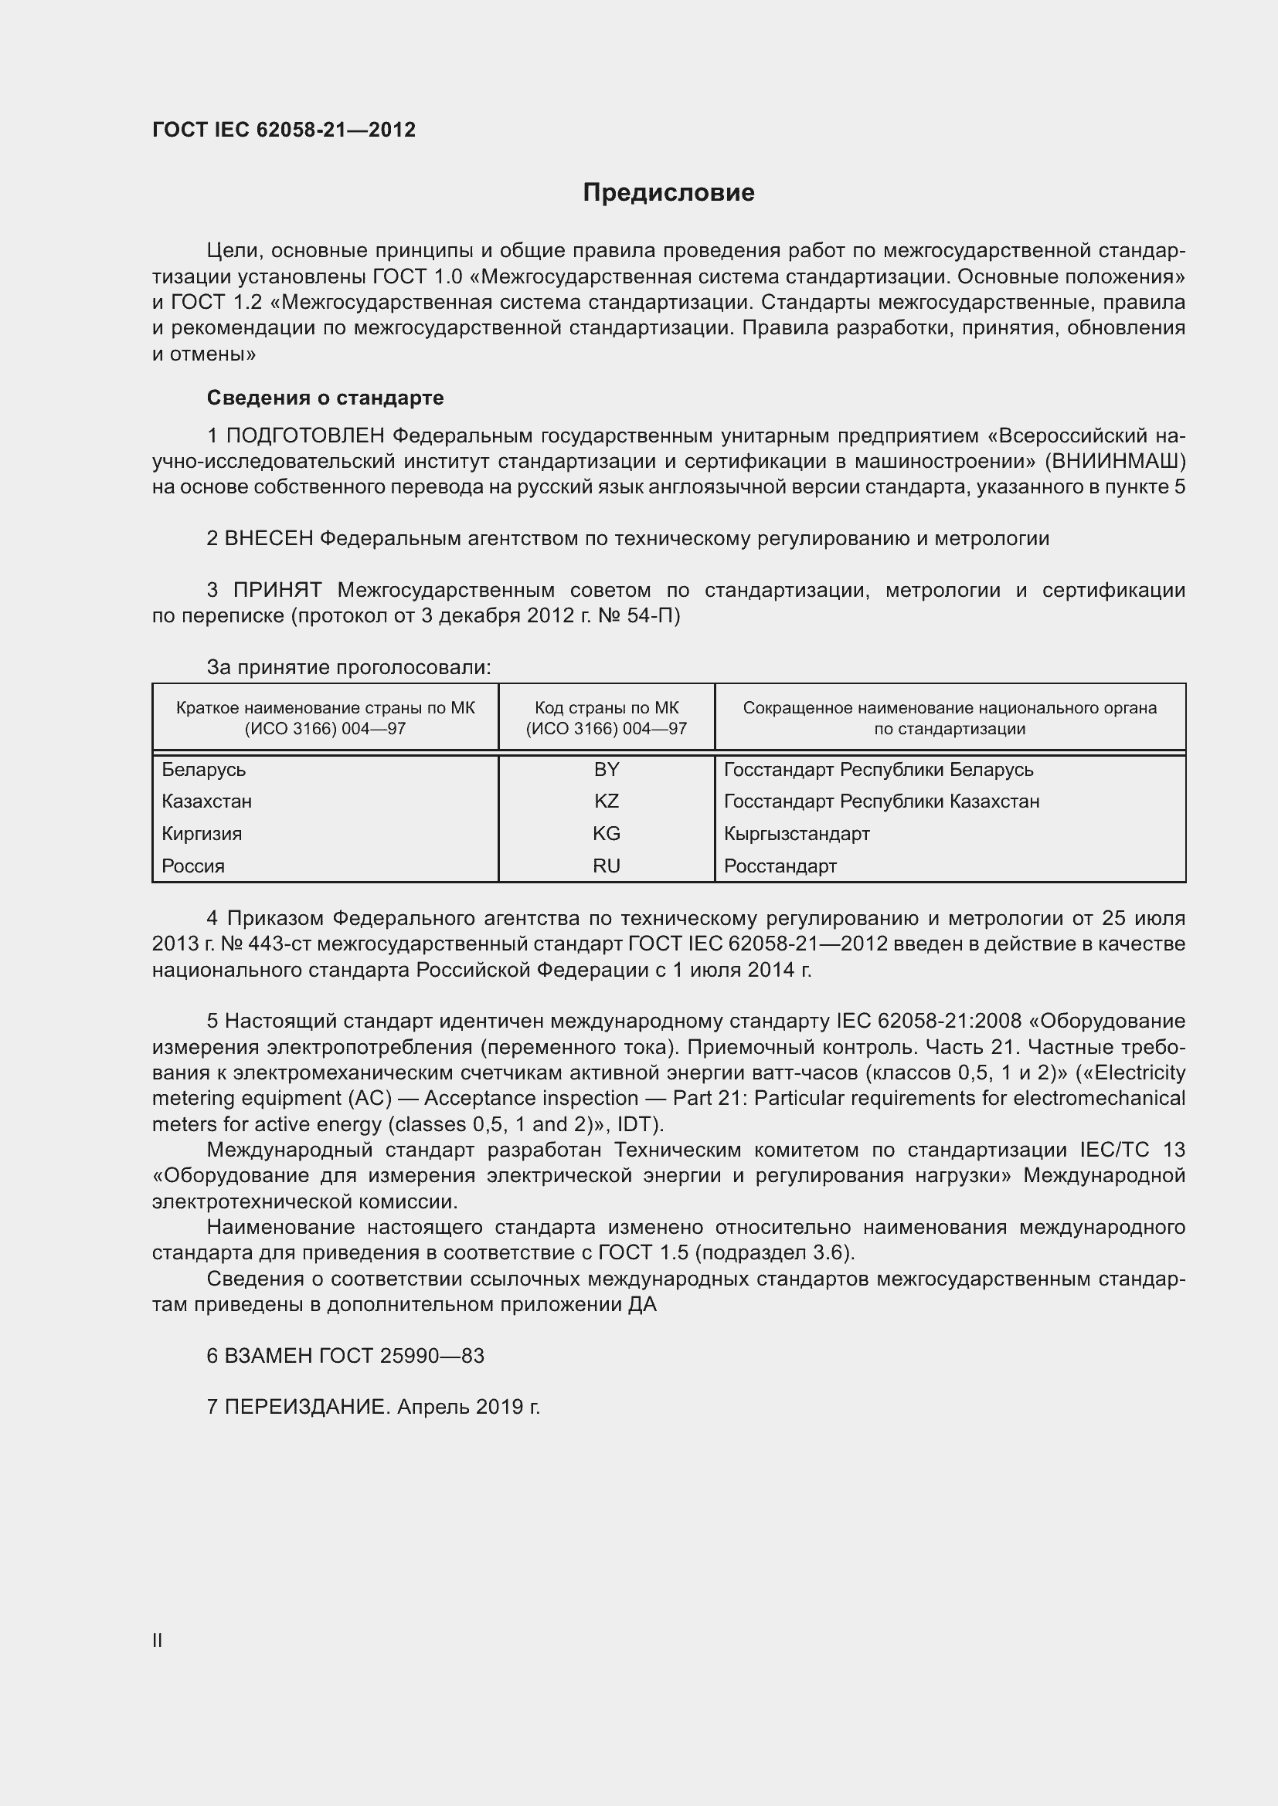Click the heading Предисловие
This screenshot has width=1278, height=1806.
point(668,193)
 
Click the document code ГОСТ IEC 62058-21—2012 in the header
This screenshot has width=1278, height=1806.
point(284,130)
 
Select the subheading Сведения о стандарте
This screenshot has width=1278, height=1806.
point(325,398)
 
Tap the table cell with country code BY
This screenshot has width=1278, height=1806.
point(606,769)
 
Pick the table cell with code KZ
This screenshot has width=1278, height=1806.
point(606,801)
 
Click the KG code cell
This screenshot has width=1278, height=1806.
point(606,834)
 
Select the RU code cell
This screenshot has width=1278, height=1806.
point(606,866)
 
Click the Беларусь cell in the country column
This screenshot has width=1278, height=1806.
point(204,769)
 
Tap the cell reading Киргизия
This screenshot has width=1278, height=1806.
point(202,834)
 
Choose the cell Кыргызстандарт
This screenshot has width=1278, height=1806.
point(797,834)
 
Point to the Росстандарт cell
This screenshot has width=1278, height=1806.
point(780,866)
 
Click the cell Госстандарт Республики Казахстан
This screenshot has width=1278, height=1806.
point(882,801)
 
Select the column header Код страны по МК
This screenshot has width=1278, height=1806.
point(606,717)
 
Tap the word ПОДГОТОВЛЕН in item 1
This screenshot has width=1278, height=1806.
point(305,435)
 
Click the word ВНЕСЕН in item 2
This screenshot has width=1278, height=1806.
point(269,539)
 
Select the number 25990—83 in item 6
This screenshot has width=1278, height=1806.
point(432,1356)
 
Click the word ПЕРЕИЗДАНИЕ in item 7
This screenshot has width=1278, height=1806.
point(307,1408)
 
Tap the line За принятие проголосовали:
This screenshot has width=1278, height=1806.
point(348,668)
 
